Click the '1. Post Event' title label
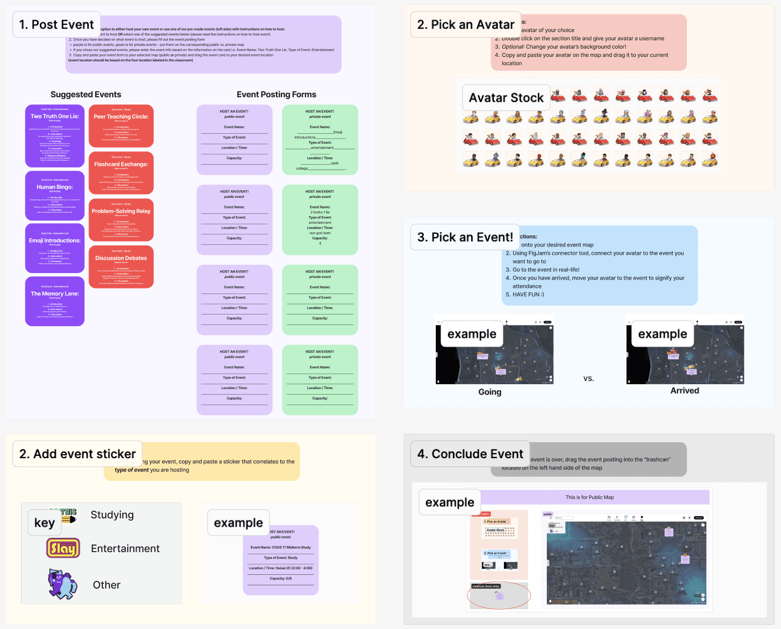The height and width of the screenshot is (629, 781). [x=56, y=25]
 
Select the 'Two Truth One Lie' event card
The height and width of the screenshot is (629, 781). [x=55, y=136]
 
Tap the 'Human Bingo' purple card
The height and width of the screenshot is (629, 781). [x=55, y=195]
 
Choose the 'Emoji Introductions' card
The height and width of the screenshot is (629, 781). [x=55, y=248]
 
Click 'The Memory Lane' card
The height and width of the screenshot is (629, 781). [x=55, y=301]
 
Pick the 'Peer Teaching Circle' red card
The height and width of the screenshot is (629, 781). [x=121, y=126]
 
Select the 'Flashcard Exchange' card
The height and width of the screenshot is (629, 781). [x=121, y=173]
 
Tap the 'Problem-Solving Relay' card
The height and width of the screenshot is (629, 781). [x=121, y=220]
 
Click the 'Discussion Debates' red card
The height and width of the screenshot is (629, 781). [x=121, y=267]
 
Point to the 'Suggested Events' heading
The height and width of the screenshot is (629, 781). [x=86, y=95]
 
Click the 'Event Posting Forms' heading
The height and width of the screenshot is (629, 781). [x=277, y=95]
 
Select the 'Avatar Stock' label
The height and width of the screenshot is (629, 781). [x=506, y=98]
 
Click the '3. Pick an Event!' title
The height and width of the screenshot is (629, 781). [x=465, y=237]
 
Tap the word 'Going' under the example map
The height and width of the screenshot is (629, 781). [x=490, y=392]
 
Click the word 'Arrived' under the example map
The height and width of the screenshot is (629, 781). [x=685, y=391]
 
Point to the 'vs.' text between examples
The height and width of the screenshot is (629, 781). [x=589, y=379]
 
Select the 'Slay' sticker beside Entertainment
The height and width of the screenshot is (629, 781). [x=63, y=548]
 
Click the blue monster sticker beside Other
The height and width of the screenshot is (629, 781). [x=63, y=585]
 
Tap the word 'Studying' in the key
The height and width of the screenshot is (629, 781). [x=112, y=515]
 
